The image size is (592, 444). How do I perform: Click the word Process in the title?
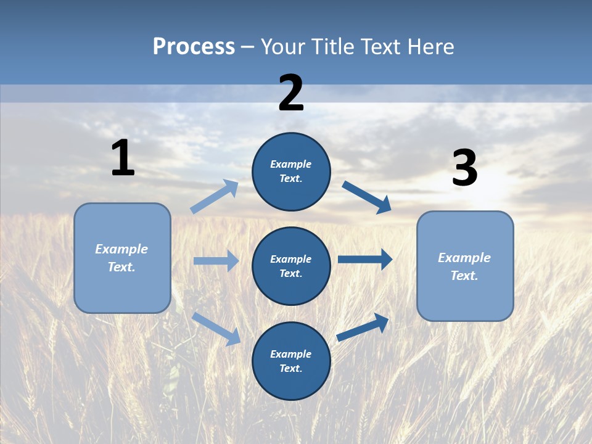click(194, 47)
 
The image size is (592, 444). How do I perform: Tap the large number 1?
click(123, 158)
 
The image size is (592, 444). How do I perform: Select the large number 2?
click(291, 93)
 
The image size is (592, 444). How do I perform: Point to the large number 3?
click(464, 168)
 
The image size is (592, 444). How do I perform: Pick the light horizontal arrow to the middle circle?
click(216, 261)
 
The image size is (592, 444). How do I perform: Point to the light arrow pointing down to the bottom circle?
click(216, 329)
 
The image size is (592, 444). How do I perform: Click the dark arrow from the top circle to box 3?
click(366, 196)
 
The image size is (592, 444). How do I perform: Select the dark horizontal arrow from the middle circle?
click(364, 260)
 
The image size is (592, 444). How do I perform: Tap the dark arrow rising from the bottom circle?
click(363, 327)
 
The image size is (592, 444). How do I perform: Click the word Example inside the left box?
click(121, 249)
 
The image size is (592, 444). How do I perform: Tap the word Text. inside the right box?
click(464, 276)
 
